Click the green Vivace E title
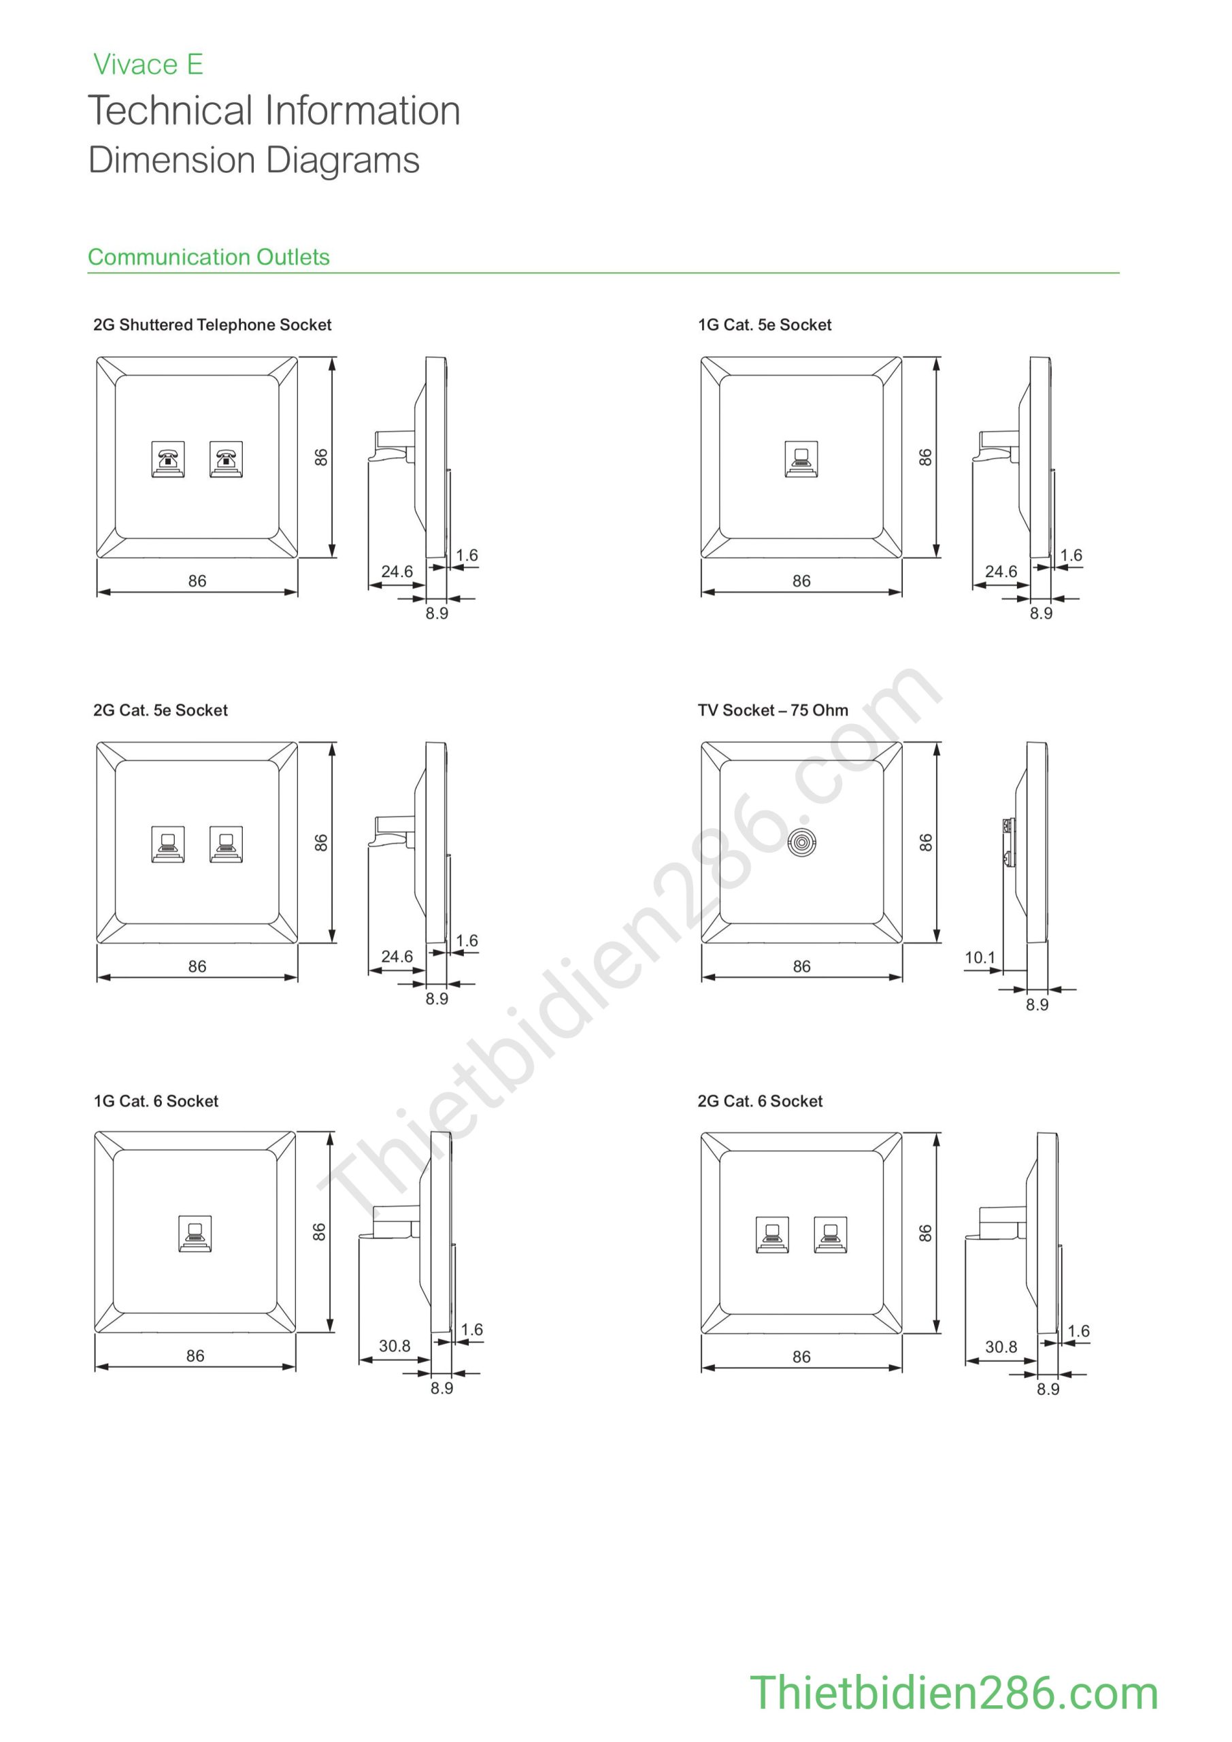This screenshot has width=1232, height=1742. pos(148,65)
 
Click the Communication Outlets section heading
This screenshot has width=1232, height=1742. pos(209,257)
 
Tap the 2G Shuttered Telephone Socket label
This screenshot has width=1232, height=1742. pos(212,325)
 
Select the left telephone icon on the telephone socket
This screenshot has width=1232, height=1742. pos(167,459)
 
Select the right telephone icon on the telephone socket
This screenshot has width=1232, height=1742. pos(225,459)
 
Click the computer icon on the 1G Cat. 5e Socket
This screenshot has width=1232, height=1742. pos(801,459)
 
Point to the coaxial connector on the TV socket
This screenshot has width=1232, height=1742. pos(801,842)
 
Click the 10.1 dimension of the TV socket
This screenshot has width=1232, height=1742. pos(980,957)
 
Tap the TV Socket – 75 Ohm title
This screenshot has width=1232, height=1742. pos(772,710)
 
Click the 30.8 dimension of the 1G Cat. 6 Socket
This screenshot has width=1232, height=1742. pos(395,1346)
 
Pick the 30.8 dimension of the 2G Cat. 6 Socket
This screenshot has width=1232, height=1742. pos(1001,1347)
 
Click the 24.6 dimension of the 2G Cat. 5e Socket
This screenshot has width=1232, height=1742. pos(397,956)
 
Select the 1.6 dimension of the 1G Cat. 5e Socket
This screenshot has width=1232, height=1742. pos(1070,555)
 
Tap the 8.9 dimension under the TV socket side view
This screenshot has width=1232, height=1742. pos(1037,1004)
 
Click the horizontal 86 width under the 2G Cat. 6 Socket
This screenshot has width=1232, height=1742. pos(801,1357)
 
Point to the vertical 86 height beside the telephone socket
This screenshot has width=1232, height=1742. pos(321,457)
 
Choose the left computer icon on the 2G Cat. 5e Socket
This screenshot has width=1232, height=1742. pos(167,844)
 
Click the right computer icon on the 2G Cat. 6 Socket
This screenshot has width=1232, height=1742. pos(830,1234)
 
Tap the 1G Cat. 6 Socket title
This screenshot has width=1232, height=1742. pos(156,1101)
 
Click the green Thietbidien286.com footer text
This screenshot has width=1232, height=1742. pos(954,1693)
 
